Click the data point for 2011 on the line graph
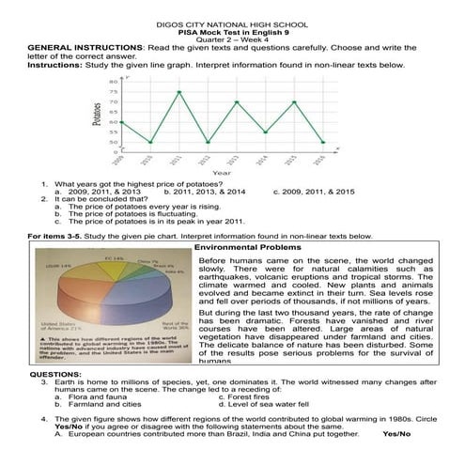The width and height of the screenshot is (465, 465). pyautogui.click(x=179, y=92)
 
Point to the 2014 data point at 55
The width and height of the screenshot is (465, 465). pyautogui.click(x=266, y=132)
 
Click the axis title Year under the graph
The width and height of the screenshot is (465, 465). pyautogui.click(x=222, y=173)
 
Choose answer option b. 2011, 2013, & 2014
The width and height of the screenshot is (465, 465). pyautogui.click(x=207, y=191)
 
